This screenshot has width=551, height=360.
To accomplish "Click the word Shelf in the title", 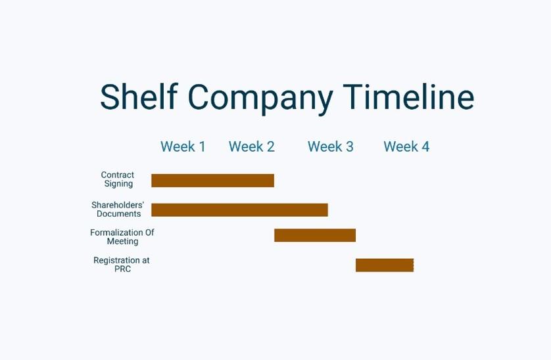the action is pyautogui.click(x=139, y=96).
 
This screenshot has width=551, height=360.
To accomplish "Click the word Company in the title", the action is pyautogui.click(x=260, y=99).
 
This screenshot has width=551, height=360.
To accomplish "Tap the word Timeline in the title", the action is pyautogui.click(x=409, y=97).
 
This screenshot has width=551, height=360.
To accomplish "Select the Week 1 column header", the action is pyautogui.click(x=183, y=146).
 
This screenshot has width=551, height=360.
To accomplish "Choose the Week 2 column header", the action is pyautogui.click(x=252, y=146).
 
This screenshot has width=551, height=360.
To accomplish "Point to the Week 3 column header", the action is pyautogui.click(x=330, y=146).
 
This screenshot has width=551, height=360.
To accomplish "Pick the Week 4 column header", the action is pyautogui.click(x=406, y=146).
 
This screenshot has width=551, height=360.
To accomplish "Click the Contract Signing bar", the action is pyautogui.click(x=212, y=181).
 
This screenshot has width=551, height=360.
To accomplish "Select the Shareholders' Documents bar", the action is pyautogui.click(x=239, y=210).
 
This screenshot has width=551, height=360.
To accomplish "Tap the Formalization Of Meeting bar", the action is pyautogui.click(x=315, y=235).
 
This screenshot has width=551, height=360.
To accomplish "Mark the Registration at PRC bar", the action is pyautogui.click(x=385, y=265).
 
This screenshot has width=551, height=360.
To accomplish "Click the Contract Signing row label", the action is pyautogui.click(x=118, y=179).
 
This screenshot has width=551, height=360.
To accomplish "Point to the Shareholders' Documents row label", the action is pyautogui.click(x=118, y=210).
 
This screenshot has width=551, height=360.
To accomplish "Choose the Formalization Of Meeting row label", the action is pyautogui.click(x=122, y=236).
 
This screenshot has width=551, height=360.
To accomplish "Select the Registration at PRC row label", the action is pyautogui.click(x=122, y=265).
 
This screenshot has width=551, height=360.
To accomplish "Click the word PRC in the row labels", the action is pyautogui.click(x=123, y=269).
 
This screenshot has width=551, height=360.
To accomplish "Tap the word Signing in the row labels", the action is pyautogui.click(x=119, y=184).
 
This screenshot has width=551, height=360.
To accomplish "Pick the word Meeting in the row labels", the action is pyautogui.click(x=123, y=241).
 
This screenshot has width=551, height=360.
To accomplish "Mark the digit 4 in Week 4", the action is pyautogui.click(x=425, y=146).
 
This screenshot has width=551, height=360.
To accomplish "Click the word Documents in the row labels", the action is pyautogui.click(x=119, y=214).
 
